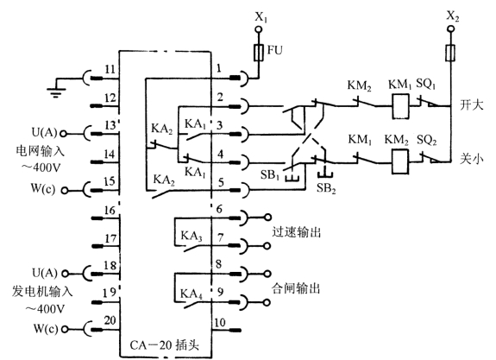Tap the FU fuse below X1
point(259,53)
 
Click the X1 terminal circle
point(259,30)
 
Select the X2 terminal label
point(452,16)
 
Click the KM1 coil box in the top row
point(400,105)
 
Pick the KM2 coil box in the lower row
point(399,161)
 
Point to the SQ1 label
point(426,85)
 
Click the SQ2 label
point(427,140)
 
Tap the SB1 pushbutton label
point(270,174)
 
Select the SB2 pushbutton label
point(326,189)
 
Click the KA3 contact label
point(191,236)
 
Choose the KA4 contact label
point(191,294)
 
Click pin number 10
point(219,323)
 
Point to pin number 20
point(110,320)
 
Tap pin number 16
point(110,211)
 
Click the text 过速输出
point(297,232)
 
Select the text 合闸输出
point(296,288)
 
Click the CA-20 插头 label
point(165,344)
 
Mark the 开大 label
point(471,104)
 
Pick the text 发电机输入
point(42,291)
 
